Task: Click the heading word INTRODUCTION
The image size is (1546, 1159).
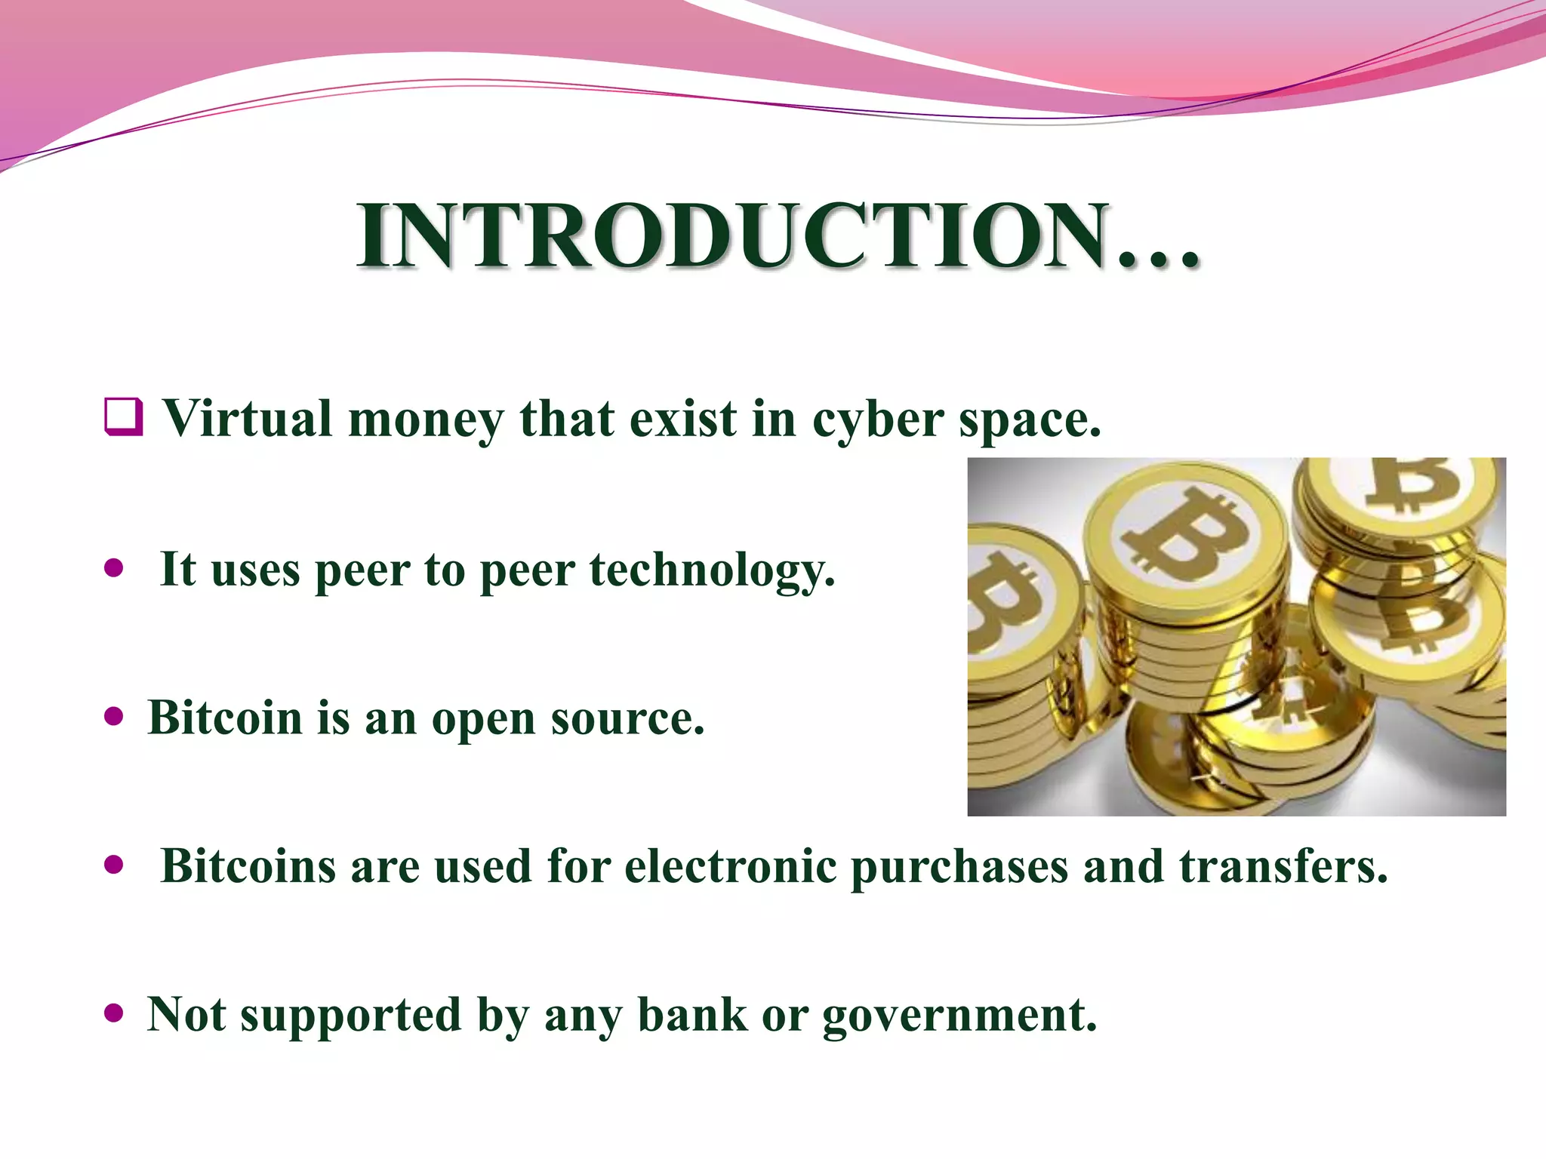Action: click(778, 235)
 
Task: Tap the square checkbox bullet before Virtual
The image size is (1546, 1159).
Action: click(124, 417)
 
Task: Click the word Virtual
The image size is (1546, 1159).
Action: click(248, 418)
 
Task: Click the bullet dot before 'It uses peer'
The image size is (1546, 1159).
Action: click(114, 567)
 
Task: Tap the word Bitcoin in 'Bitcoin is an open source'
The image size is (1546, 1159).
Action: click(225, 717)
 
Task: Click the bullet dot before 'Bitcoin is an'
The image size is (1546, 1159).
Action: click(114, 716)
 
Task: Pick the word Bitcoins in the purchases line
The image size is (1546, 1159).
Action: click(248, 865)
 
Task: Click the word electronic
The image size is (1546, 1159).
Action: click(730, 865)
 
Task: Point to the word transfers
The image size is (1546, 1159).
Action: click(1283, 865)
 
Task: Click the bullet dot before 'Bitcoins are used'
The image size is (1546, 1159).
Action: click(114, 865)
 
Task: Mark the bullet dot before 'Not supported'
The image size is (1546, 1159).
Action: click(114, 1013)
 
